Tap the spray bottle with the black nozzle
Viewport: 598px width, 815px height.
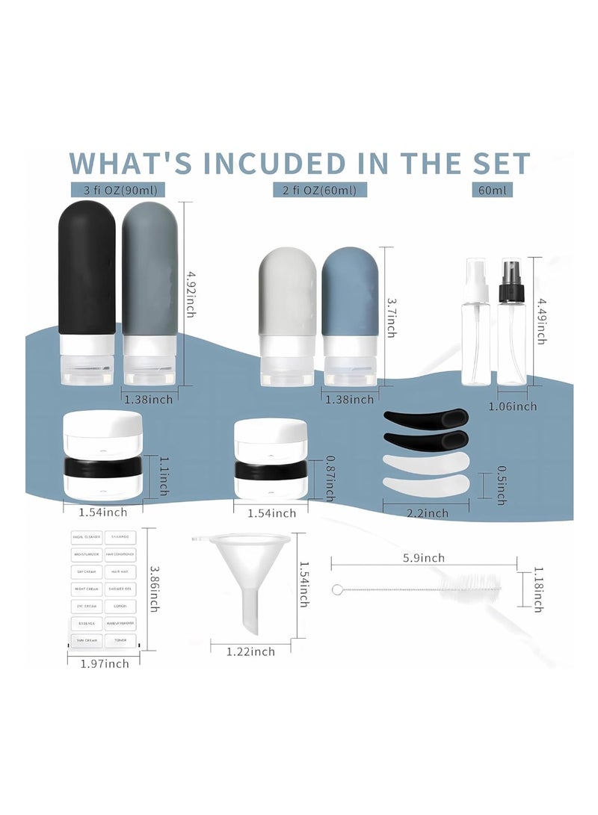pos(513,325)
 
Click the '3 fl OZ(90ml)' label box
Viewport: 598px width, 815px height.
pos(118,190)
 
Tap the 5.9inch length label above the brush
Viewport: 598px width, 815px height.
pos(424,558)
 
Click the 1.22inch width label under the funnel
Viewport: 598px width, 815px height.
pos(250,652)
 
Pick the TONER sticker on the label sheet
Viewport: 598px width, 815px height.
pos(120,640)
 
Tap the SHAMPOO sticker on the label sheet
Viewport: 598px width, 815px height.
pos(120,536)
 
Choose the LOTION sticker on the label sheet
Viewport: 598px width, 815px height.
pos(120,605)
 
